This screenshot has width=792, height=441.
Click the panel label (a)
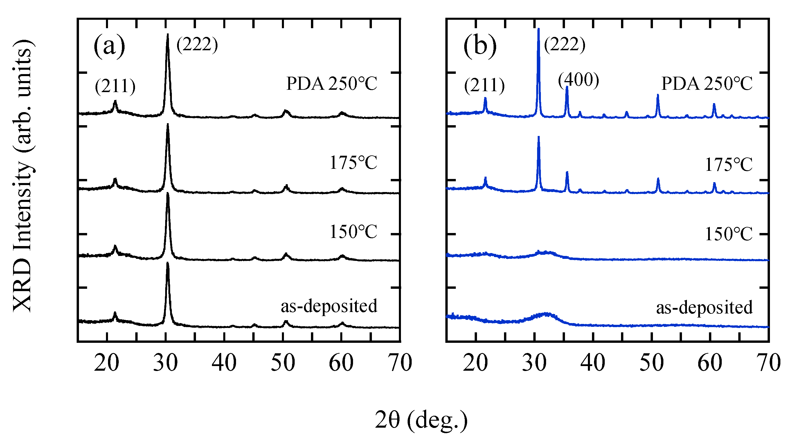point(109,46)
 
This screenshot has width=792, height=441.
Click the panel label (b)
point(480,46)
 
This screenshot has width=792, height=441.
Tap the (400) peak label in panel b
point(578,80)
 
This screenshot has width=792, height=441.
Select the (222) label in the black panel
point(197,45)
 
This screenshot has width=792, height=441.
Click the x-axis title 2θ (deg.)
point(421,420)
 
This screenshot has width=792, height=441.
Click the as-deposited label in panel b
point(704,307)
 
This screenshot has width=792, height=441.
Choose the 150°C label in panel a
point(353,232)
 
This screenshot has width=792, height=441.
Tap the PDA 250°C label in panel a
point(332,84)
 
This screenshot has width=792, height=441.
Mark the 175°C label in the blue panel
point(728,165)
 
